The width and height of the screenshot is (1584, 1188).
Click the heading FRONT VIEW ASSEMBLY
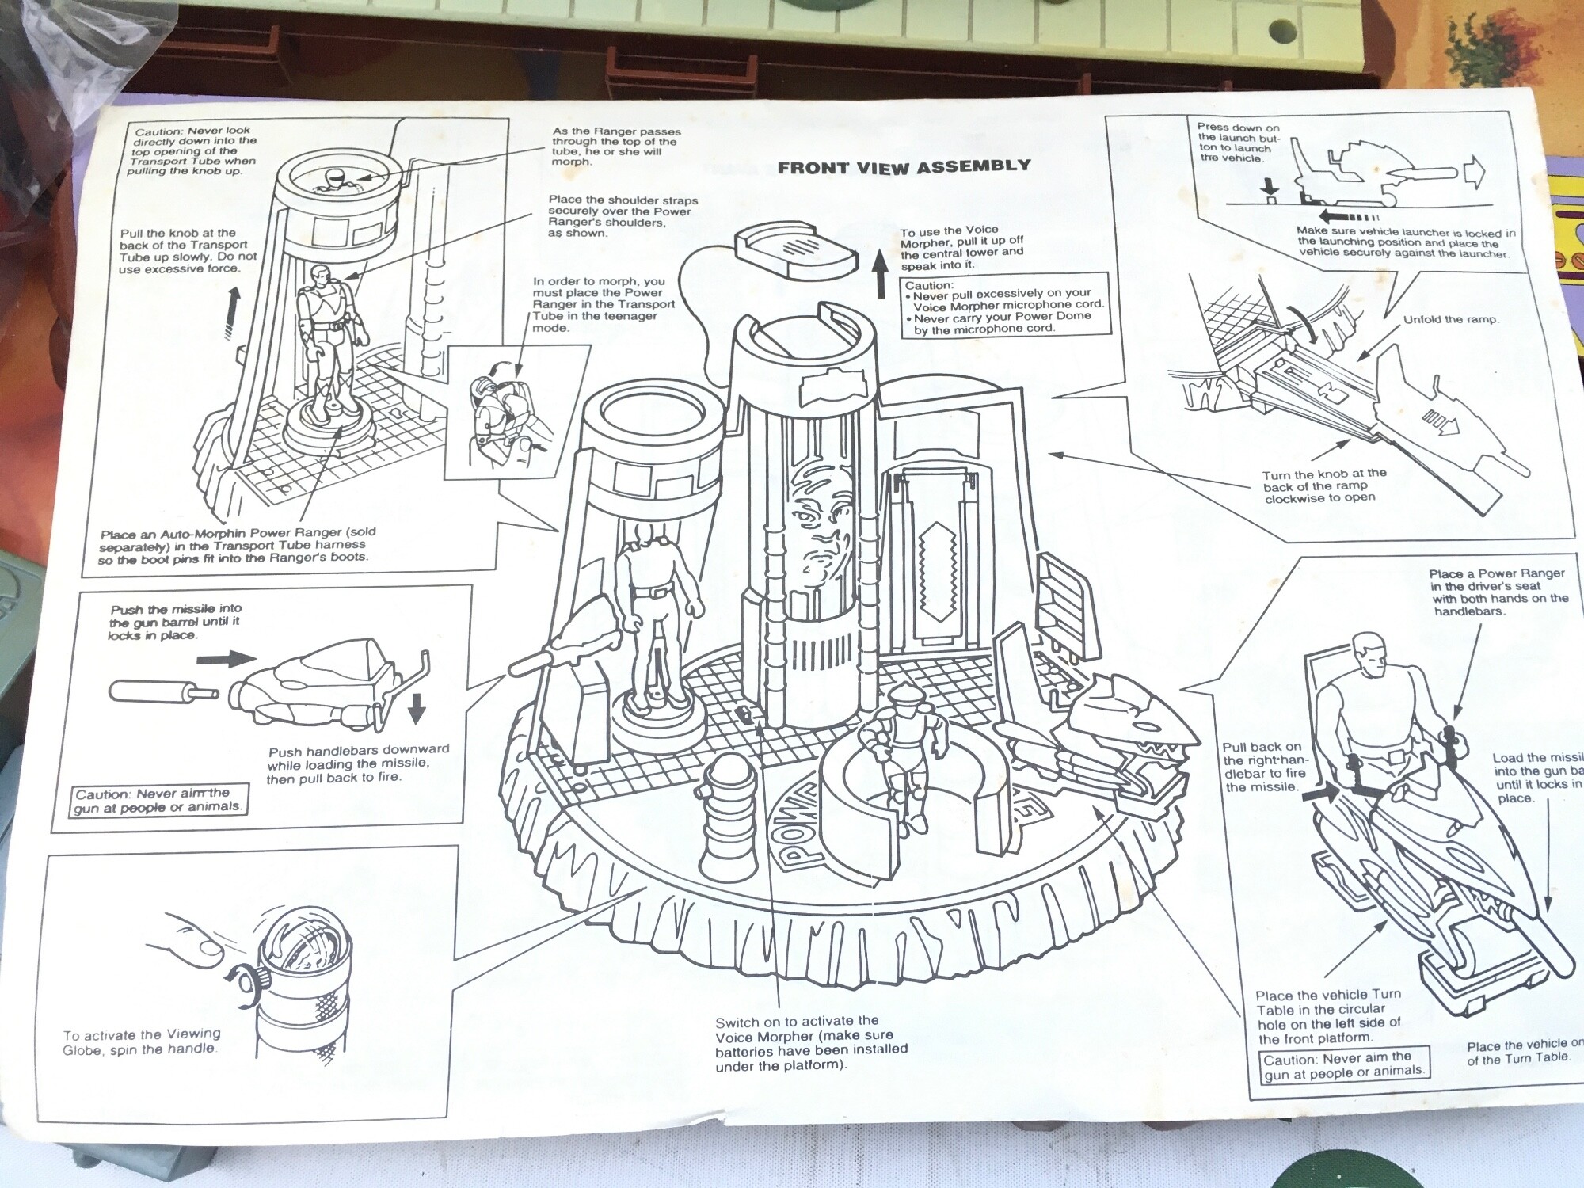point(904,166)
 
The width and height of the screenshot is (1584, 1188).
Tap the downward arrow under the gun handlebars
point(416,708)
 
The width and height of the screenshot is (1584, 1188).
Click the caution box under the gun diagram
point(158,800)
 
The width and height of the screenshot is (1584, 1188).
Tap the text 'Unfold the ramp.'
point(1451,320)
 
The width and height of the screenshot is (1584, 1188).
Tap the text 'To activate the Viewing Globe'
point(142,1041)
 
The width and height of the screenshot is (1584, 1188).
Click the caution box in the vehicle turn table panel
point(1345,1064)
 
